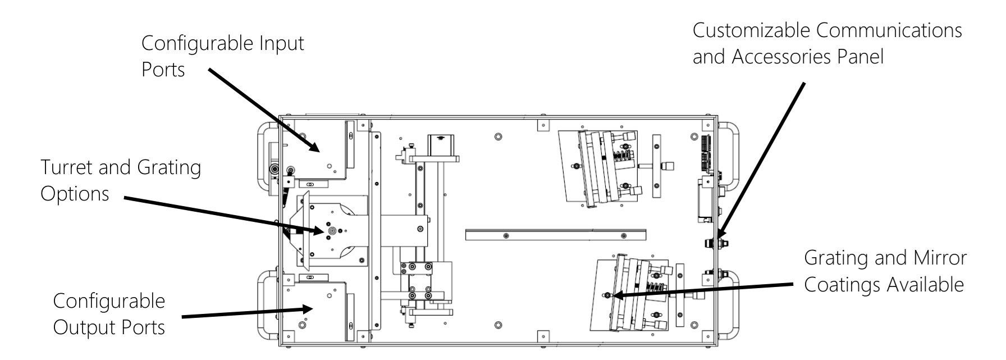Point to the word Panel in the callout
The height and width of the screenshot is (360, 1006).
coord(858,56)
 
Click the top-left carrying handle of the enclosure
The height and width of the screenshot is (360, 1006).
coord(267,152)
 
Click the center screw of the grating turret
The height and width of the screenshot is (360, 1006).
coord(332,230)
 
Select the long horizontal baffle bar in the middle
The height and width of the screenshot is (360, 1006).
coord(556,235)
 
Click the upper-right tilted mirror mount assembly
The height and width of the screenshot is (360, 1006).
coord(601,166)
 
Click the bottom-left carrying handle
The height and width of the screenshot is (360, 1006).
coord(267,303)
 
